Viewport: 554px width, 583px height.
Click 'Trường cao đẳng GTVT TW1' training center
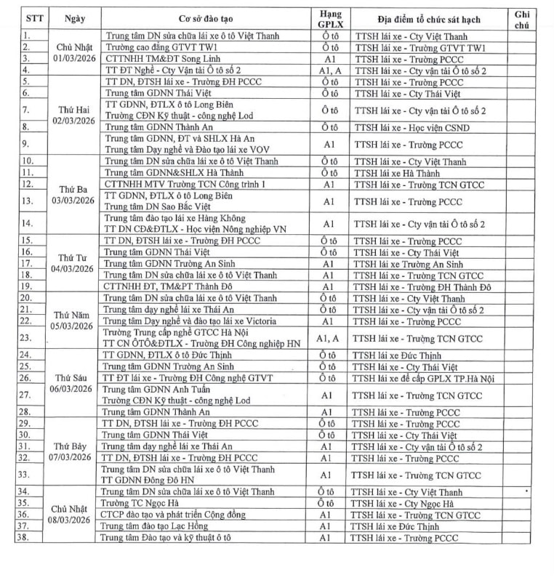[x=162, y=47]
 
